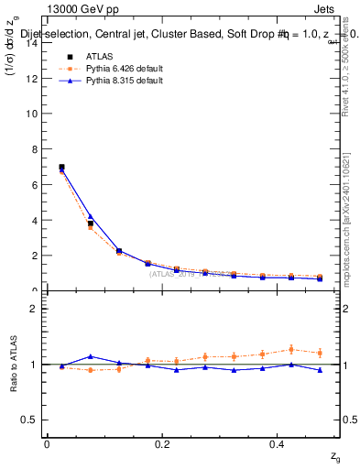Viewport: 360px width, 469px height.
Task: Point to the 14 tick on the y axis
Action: pyautogui.click(x=34, y=43)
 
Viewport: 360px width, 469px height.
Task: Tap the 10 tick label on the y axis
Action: pyautogui.click(x=34, y=114)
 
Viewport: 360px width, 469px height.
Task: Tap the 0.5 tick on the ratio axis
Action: pyautogui.click(x=34, y=420)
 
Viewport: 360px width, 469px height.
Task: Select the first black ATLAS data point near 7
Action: pyautogui.click(x=61, y=168)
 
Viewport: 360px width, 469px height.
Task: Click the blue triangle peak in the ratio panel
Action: pyautogui.click(x=90, y=356)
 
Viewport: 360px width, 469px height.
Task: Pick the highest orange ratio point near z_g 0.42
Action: pyautogui.click(x=291, y=349)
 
